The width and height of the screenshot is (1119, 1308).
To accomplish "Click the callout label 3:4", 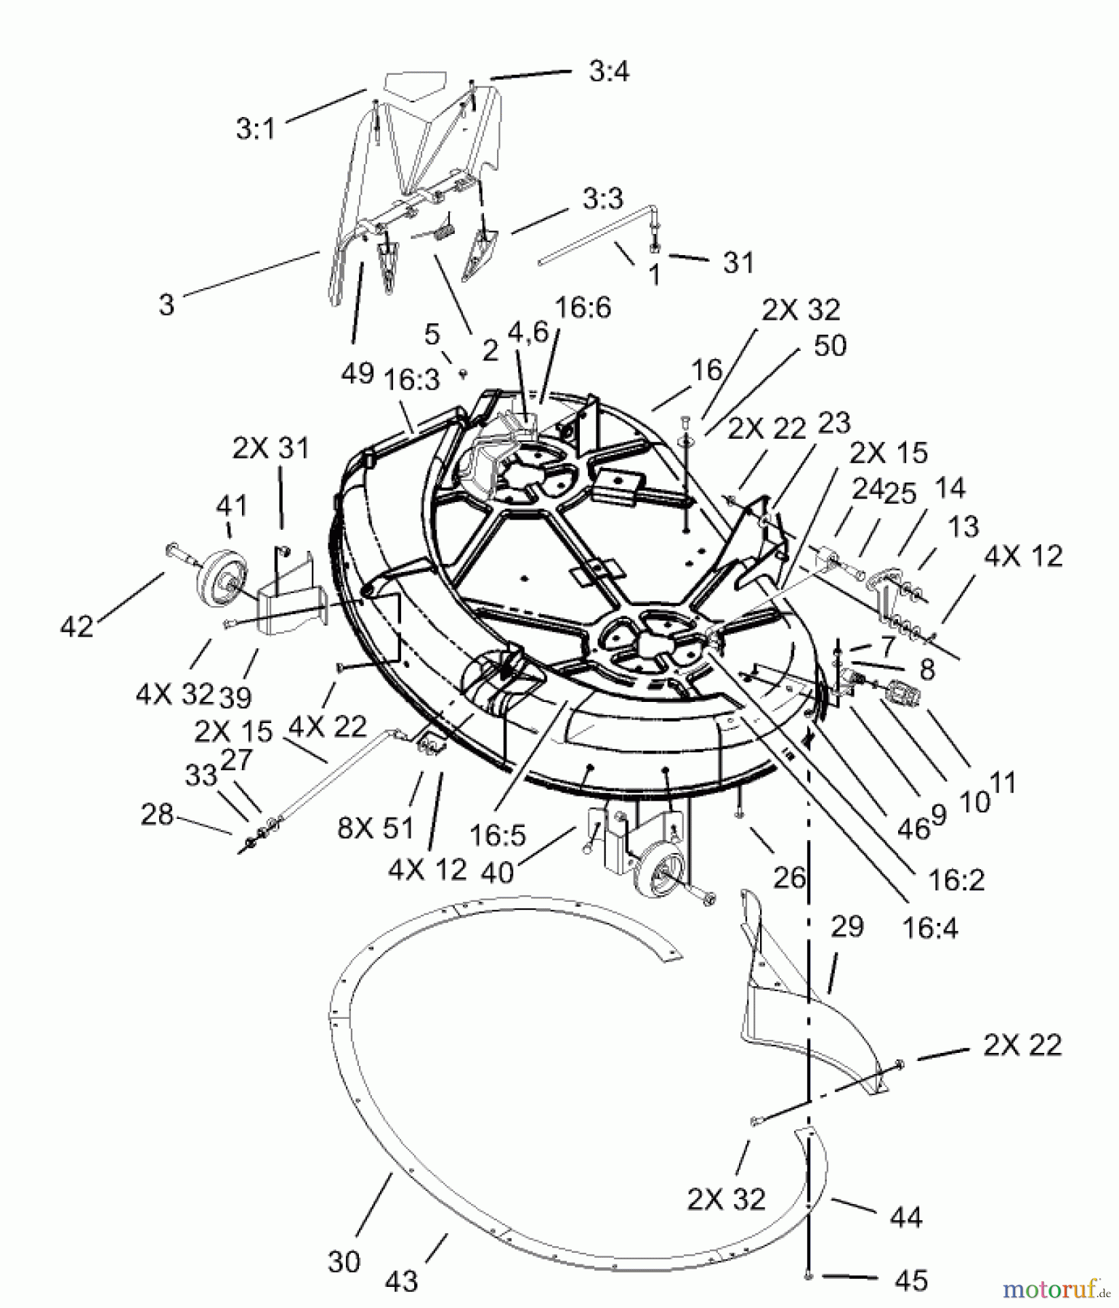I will pyautogui.click(x=608, y=72).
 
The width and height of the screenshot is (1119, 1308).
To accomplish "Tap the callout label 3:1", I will pyautogui.click(x=256, y=129).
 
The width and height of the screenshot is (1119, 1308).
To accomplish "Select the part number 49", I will pyautogui.click(x=357, y=373).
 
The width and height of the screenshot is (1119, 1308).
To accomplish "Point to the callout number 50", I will pyautogui.click(x=830, y=345).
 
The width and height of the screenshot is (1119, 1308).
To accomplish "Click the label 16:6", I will pyautogui.click(x=583, y=307).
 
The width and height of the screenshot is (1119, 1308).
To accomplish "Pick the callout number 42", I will pyautogui.click(x=77, y=626).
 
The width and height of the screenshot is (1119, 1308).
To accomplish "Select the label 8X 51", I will pyautogui.click(x=375, y=828).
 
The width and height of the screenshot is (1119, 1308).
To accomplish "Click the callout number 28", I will pyautogui.click(x=157, y=815).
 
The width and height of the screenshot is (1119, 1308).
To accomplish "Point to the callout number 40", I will pyautogui.click(x=498, y=871).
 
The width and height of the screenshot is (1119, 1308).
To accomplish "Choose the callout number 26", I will pyautogui.click(x=789, y=877).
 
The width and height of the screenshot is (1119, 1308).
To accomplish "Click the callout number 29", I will pyautogui.click(x=847, y=926).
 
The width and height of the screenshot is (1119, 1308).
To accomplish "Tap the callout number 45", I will pyautogui.click(x=911, y=1280).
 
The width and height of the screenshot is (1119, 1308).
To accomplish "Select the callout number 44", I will pyautogui.click(x=905, y=1216).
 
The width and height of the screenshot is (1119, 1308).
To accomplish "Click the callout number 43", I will pyautogui.click(x=401, y=1281).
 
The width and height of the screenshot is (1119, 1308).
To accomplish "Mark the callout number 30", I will pyautogui.click(x=344, y=1261).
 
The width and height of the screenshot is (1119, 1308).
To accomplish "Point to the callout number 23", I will pyautogui.click(x=833, y=422).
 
